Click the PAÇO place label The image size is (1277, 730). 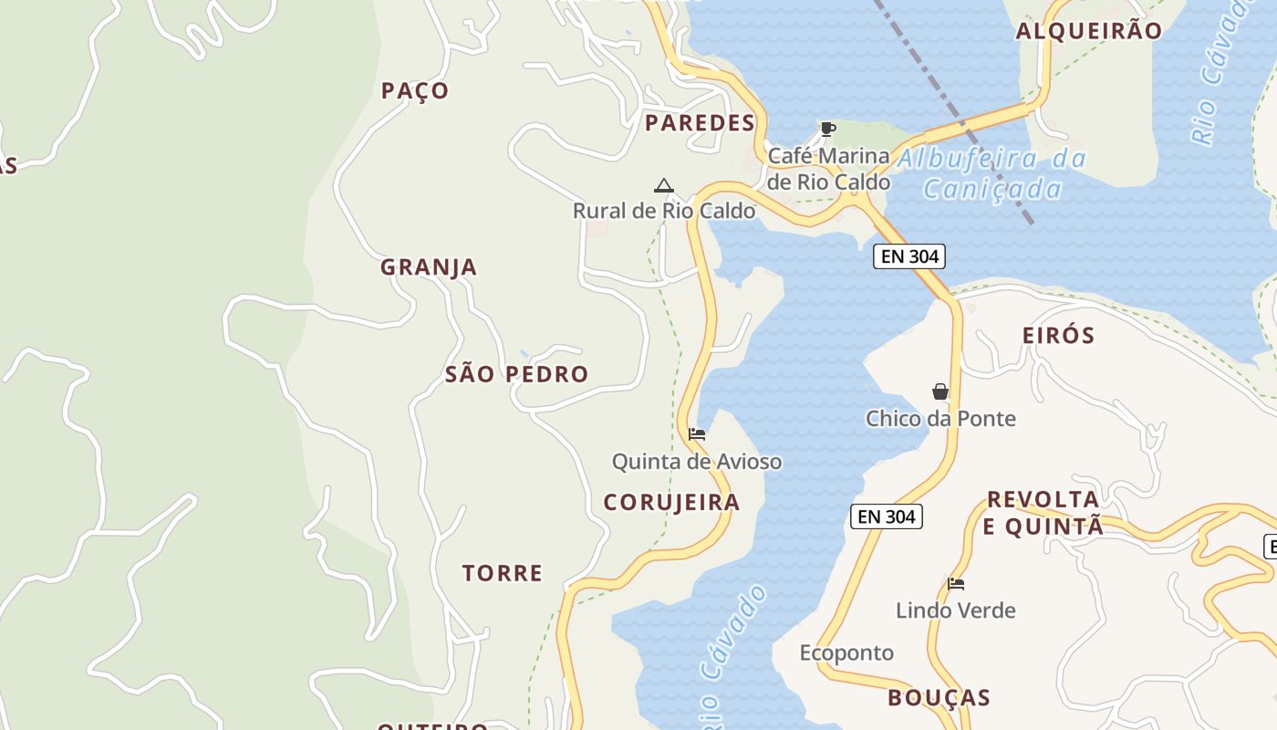[x=415, y=90]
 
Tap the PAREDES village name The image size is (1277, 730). [x=700, y=123]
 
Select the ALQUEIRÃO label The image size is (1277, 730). [x=1089, y=31]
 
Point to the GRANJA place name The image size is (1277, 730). [x=429, y=267]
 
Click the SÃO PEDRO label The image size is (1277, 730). [x=516, y=374]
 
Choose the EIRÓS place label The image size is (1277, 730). [x=1058, y=335]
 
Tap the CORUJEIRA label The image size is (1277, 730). [x=671, y=503]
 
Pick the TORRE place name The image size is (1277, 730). [x=502, y=573]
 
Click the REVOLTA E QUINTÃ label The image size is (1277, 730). [x=1043, y=513]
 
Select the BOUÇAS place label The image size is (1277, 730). [x=939, y=698]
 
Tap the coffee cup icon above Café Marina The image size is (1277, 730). [x=827, y=129]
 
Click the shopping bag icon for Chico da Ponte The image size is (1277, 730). [x=940, y=391]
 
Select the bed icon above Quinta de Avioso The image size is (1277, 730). [x=697, y=434]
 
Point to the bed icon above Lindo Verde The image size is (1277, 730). [x=956, y=584]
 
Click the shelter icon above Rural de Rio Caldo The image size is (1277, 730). [x=664, y=185]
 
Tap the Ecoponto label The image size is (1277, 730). [x=846, y=652]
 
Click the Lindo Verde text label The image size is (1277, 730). [x=955, y=610]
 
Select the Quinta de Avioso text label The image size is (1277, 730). [x=696, y=462]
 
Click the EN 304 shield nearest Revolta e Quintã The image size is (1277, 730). [x=887, y=516]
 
